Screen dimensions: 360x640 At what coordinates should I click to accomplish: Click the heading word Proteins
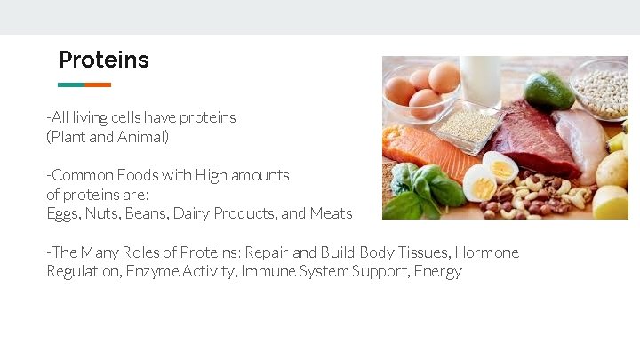[x=103, y=60]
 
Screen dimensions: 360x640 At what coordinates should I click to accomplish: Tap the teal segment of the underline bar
[x=71, y=85]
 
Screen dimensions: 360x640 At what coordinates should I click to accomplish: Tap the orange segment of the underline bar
[x=98, y=85]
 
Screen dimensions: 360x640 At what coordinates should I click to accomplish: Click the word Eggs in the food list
[x=63, y=213]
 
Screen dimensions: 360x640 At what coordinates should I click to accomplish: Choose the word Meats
[x=331, y=213]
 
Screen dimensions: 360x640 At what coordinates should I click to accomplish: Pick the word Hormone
[x=486, y=252]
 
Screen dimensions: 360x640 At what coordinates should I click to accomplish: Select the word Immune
[x=267, y=272]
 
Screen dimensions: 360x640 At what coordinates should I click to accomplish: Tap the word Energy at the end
[x=438, y=272]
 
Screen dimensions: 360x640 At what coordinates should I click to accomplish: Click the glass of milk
[x=480, y=80]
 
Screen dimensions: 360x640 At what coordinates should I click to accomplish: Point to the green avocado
[x=549, y=91]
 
